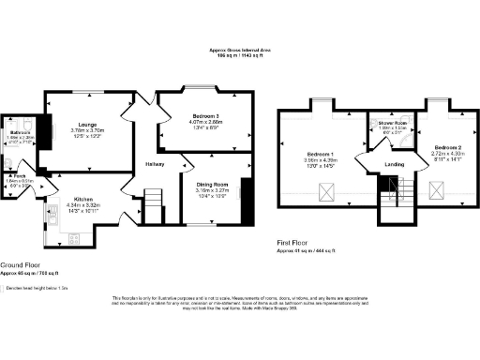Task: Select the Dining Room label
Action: [212, 184]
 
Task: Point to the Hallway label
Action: [156, 165]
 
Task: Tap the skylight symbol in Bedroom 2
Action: [435, 191]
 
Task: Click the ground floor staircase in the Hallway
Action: [153, 200]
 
